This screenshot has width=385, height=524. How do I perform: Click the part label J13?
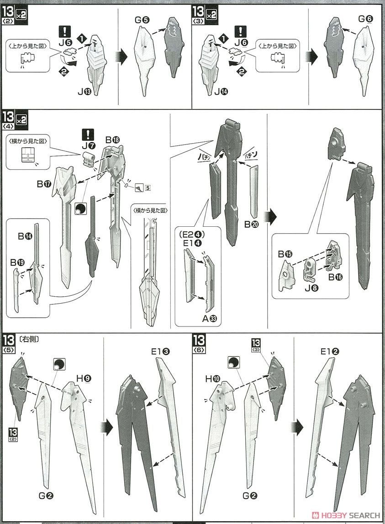[x=84, y=91]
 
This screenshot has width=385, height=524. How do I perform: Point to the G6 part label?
[x=366, y=20]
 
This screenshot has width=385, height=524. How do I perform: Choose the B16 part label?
[x=337, y=277]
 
